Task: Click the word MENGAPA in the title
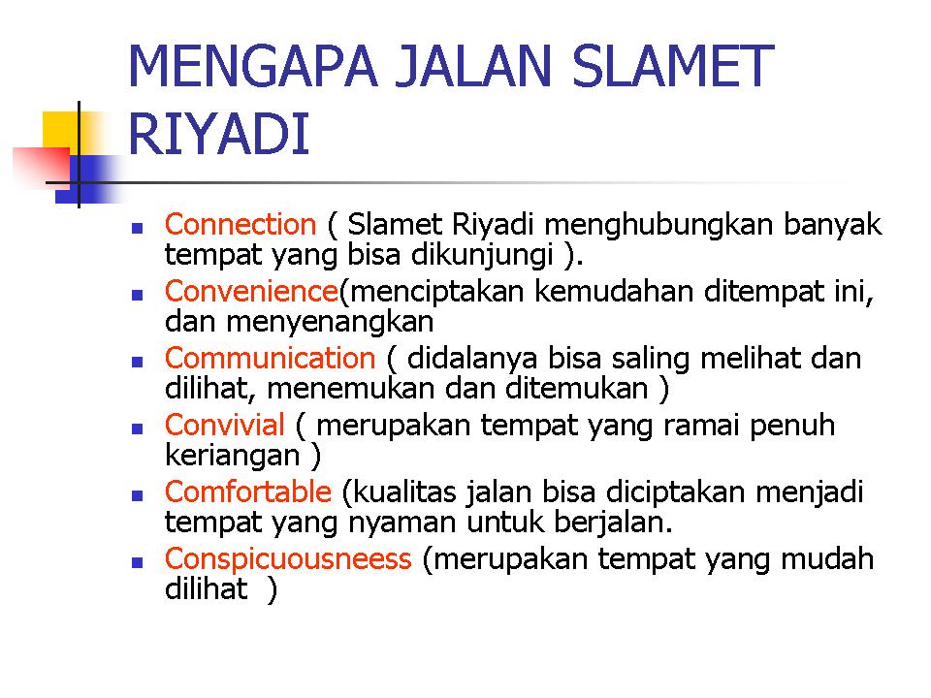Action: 253,67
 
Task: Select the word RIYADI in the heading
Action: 219,134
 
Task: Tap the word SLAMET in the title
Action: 672,67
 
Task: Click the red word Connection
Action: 241,224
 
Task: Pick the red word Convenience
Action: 251,292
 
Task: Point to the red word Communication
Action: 271,359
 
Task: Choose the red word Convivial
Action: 224,425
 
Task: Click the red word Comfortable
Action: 247,492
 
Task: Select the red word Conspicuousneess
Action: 288,559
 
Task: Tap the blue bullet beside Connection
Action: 138,227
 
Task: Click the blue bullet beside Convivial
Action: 138,428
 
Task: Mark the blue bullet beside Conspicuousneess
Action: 138,562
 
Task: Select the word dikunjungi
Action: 482,255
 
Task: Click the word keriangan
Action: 232,457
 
